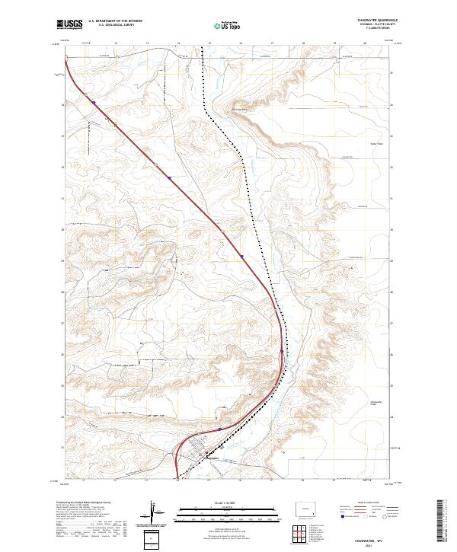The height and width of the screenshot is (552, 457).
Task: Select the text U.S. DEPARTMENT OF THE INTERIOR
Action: (x=115, y=21)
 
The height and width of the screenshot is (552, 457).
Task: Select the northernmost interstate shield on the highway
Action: (x=93, y=100)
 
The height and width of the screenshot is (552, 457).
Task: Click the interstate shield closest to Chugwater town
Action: (x=220, y=429)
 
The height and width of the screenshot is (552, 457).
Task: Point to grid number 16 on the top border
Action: (x=240, y=44)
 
